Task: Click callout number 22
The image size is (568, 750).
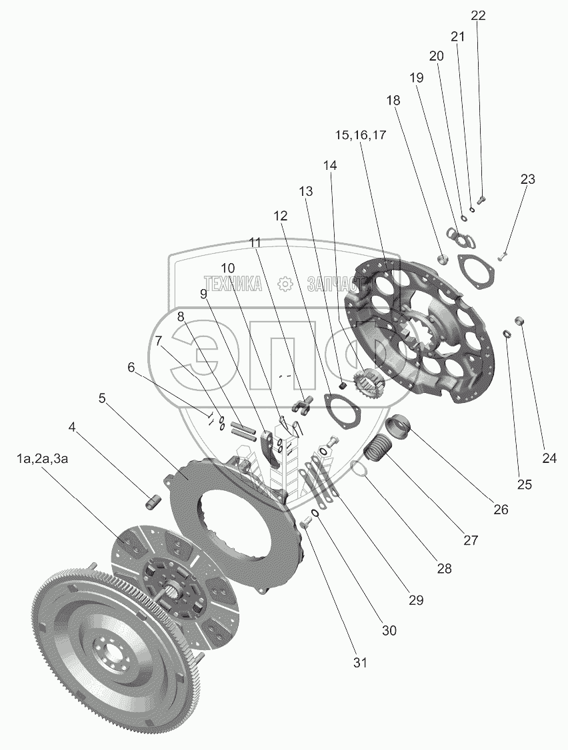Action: tap(478, 15)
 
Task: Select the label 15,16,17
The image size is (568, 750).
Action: tap(360, 135)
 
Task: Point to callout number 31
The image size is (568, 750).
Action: tap(360, 663)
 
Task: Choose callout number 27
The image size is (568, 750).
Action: tap(471, 540)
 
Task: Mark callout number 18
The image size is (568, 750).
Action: tap(393, 101)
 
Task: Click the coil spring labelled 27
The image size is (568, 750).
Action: tap(378, 445)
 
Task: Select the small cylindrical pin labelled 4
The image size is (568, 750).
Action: tap(151, 500)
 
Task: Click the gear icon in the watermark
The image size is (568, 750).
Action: tap(285, 284)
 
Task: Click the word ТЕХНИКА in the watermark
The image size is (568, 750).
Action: tap(233, 284)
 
